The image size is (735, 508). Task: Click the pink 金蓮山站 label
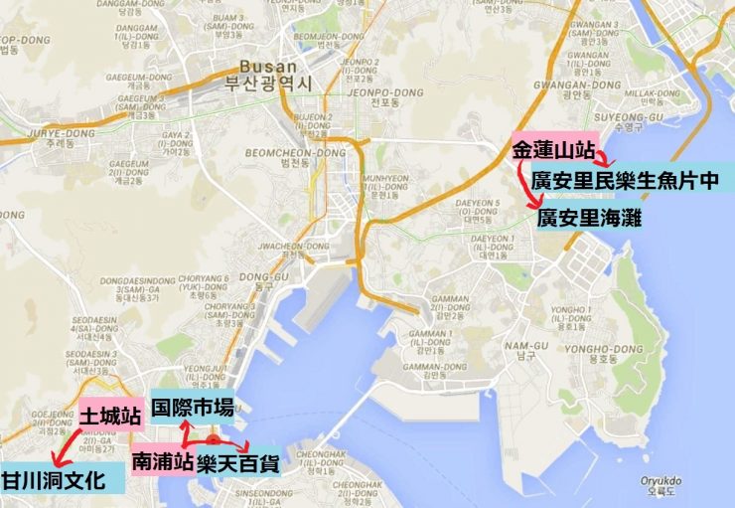click(552, 151)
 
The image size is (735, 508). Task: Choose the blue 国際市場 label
click(193, 407)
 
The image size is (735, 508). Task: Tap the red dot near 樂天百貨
click(214, 439)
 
